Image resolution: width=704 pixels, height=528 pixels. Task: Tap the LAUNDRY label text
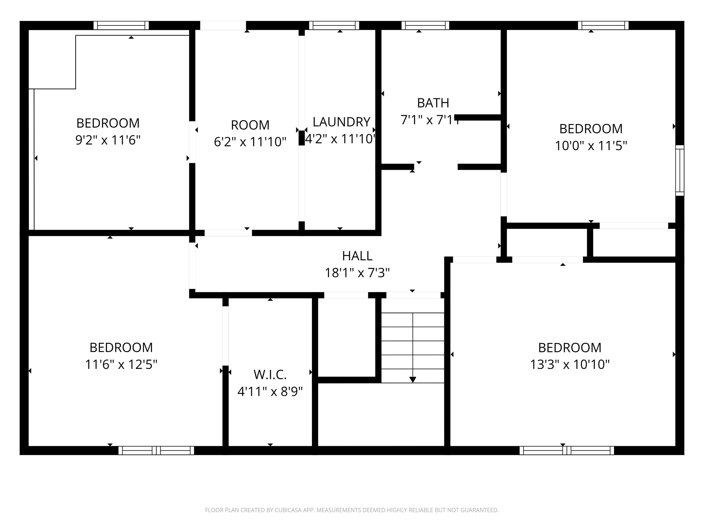click(341, 122)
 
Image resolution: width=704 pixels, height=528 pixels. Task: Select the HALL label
click(357, 256)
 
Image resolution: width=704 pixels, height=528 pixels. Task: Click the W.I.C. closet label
click(270, 375)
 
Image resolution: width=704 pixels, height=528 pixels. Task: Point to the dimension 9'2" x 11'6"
click(108, 140)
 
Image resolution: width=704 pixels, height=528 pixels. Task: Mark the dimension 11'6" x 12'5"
click(121, 364)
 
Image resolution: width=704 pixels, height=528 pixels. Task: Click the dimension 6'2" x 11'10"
click(250, 142)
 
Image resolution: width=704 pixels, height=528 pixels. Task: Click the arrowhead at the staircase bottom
click(413, 380)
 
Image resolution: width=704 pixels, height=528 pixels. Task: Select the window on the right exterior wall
click(680, 170)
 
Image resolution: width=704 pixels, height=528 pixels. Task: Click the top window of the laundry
click(334, 25)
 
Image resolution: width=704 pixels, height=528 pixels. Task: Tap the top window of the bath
click(425, 25)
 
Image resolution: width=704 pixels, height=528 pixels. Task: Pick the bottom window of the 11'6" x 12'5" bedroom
click(156, 450)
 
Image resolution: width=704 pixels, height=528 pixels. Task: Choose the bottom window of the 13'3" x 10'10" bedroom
click(566, 450)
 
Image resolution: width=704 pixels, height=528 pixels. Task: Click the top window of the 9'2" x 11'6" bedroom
click(121, 25)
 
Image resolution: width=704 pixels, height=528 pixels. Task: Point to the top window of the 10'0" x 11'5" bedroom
click(603, 25)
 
